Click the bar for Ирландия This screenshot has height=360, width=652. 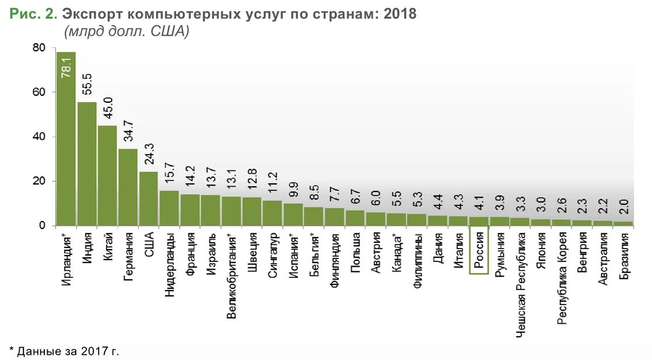(66, 140)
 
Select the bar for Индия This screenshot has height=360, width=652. (87, 164)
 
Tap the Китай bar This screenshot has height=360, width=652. (107, 176)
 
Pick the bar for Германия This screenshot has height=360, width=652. (128, 187)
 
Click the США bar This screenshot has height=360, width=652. (148, 199)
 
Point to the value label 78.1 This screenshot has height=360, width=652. (66, 67)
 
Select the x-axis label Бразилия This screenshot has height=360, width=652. (624, 255)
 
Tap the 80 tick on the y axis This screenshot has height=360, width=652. (38, 48)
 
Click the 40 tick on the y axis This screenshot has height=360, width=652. (38, 137)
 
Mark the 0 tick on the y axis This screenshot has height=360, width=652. (42, 226)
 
